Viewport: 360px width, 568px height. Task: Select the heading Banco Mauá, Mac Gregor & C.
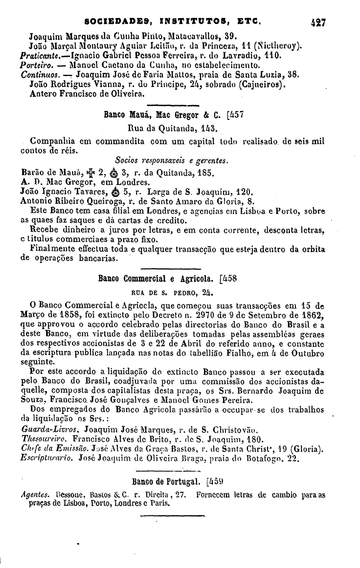click(x=164, y=116)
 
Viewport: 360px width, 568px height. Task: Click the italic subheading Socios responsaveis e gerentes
click(x=172, y=161)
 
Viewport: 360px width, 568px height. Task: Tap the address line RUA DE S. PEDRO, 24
click(x=171, y=293)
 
